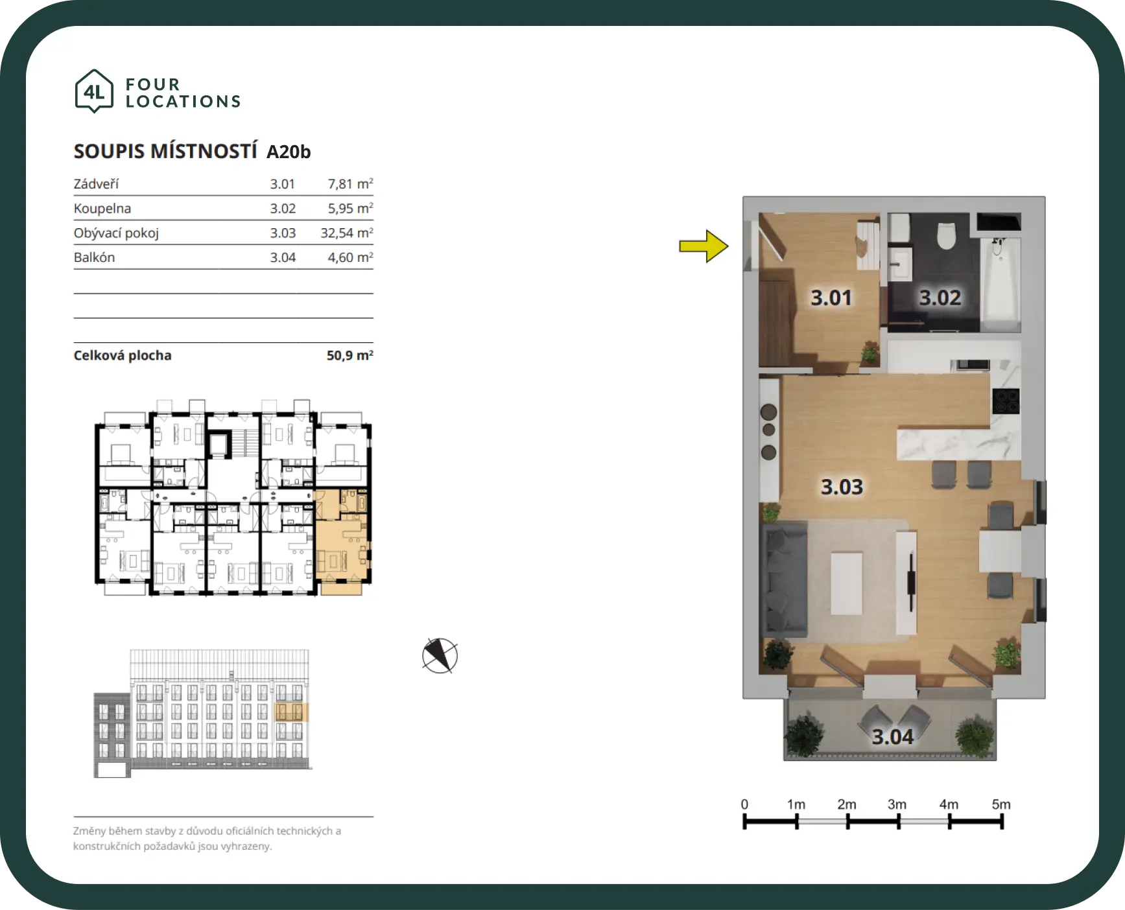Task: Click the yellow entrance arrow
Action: [704, 246]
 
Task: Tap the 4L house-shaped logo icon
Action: [95, 91]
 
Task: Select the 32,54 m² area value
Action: [347, 233]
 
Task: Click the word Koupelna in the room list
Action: [102, 209]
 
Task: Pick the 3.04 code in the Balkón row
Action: [283, 257]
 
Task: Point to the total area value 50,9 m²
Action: [350, 355]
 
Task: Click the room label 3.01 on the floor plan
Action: [831, 297]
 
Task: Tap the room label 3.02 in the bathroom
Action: [940, 297]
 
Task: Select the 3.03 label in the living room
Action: [842, 487]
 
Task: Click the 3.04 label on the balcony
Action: [892, 737]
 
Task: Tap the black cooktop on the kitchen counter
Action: [1006, 401]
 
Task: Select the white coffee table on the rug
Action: [847, 583]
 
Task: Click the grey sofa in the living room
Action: [784, 579]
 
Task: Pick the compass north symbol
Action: [440, 655]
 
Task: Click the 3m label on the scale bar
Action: [897, 804]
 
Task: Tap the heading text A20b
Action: [289, 152]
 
